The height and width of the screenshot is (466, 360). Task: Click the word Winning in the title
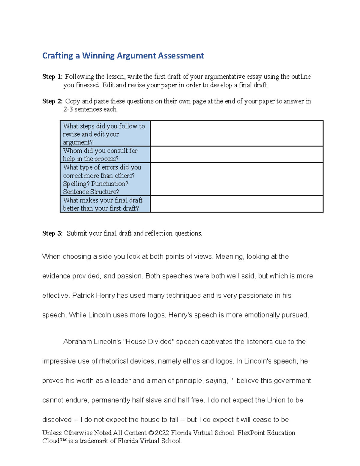(98, 56)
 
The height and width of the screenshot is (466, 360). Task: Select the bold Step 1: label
(52, 77)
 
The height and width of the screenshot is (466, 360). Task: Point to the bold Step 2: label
(52, 101)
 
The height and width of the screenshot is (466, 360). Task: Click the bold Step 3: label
(52, 233)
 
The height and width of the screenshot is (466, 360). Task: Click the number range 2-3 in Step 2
(68, 110)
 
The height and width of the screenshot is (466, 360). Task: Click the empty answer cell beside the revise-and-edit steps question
(236, 134)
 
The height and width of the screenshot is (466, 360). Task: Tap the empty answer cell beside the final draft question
(236, 204)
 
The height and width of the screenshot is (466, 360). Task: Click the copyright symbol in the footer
(151, 433)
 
